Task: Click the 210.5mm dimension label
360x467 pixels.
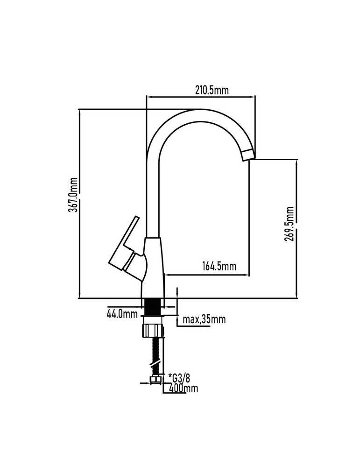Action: tap(212, 90)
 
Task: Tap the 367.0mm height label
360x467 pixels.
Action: tap(73, 195)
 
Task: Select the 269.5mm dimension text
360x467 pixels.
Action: tap(289, 224)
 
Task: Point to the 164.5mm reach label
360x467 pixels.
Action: tap(219, 265)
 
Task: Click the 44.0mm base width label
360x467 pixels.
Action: tap(122, 314)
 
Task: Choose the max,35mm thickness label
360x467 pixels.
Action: tap(204, 319)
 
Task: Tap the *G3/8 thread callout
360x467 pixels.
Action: tap(179, 378)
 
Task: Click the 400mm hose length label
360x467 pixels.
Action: tap(183, 388)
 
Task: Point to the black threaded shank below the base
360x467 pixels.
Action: tap(153, 307)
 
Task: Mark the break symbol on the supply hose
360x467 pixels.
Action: tap(156, 363)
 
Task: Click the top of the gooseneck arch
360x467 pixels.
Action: tap(201, 115)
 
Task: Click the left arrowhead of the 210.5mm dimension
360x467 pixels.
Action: tap(149, 97)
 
